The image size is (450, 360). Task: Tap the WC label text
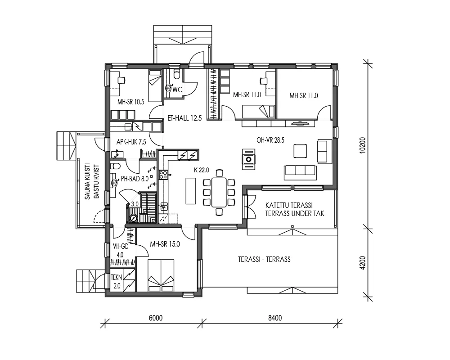(x=177, y=90)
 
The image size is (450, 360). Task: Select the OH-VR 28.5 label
(x=270, y=140)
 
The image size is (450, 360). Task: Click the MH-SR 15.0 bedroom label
(x=165, y=244)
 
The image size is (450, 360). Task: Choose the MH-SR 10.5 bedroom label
(x=130, y=102)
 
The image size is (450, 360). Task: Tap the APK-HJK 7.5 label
(x=131, y=142)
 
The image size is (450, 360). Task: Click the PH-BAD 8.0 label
(x=135, y=179)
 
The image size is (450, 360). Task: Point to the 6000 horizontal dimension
(x=155, y=318)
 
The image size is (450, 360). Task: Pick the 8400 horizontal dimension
(x=274, y=318)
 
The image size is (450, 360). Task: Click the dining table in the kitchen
(x=219, y=191)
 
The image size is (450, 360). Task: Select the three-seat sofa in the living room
(x=300, y=170)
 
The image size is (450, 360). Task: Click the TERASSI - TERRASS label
(x=264, y=259)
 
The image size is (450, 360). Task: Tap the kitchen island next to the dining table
(x=190, y=191)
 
